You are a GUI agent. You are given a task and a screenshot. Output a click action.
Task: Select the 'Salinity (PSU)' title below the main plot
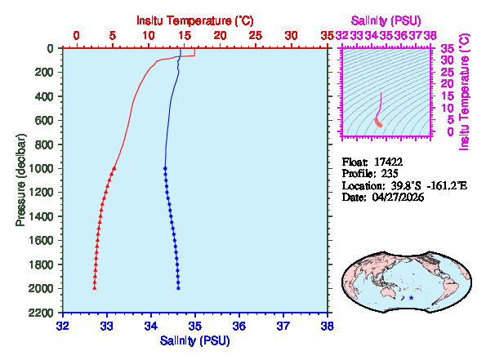[195, 340]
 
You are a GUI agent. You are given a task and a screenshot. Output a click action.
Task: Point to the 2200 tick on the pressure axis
[41, 313]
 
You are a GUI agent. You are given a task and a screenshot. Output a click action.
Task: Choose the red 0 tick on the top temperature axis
[77, 36]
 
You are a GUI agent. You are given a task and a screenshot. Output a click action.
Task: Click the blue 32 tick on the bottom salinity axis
[63, 325]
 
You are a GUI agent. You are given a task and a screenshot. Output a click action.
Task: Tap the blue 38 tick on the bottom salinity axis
[328, 325]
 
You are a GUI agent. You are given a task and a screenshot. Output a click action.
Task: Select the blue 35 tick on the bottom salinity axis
[195, 325]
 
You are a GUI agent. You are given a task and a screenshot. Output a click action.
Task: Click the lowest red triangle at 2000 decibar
[95, 287]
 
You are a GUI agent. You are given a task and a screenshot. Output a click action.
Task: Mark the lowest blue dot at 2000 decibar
[178, 288]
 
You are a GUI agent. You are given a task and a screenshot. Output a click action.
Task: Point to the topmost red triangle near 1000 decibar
[114, 167]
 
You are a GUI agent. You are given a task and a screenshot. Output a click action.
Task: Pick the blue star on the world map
[411, 298]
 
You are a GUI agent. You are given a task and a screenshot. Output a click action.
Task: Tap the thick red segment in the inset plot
[378, 122]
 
